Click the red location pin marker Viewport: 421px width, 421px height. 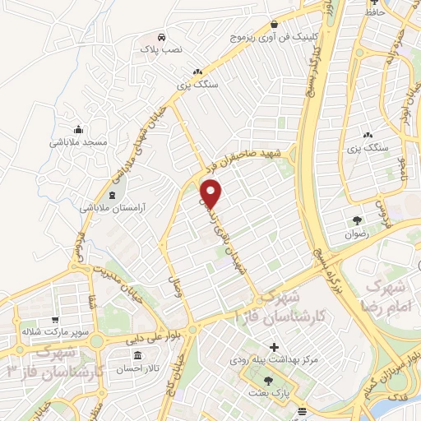pyautogui.click(x=211, y=192)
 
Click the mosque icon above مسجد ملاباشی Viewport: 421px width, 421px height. pyautogui.click(x=78, y=129)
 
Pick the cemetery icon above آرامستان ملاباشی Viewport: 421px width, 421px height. pyautogui.click(x=112, y=194)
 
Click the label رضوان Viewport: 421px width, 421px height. pyautogui.click(x=359, y=234)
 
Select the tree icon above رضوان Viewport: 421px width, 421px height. pyautogui.click(x=357, y=220)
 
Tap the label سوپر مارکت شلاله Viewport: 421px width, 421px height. pyautogui.click(x=55, y=333)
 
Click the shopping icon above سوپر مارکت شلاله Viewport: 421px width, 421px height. pyautogui.click(x=53, y=320)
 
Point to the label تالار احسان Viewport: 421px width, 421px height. pyautogui.click(x=136, y=368)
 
